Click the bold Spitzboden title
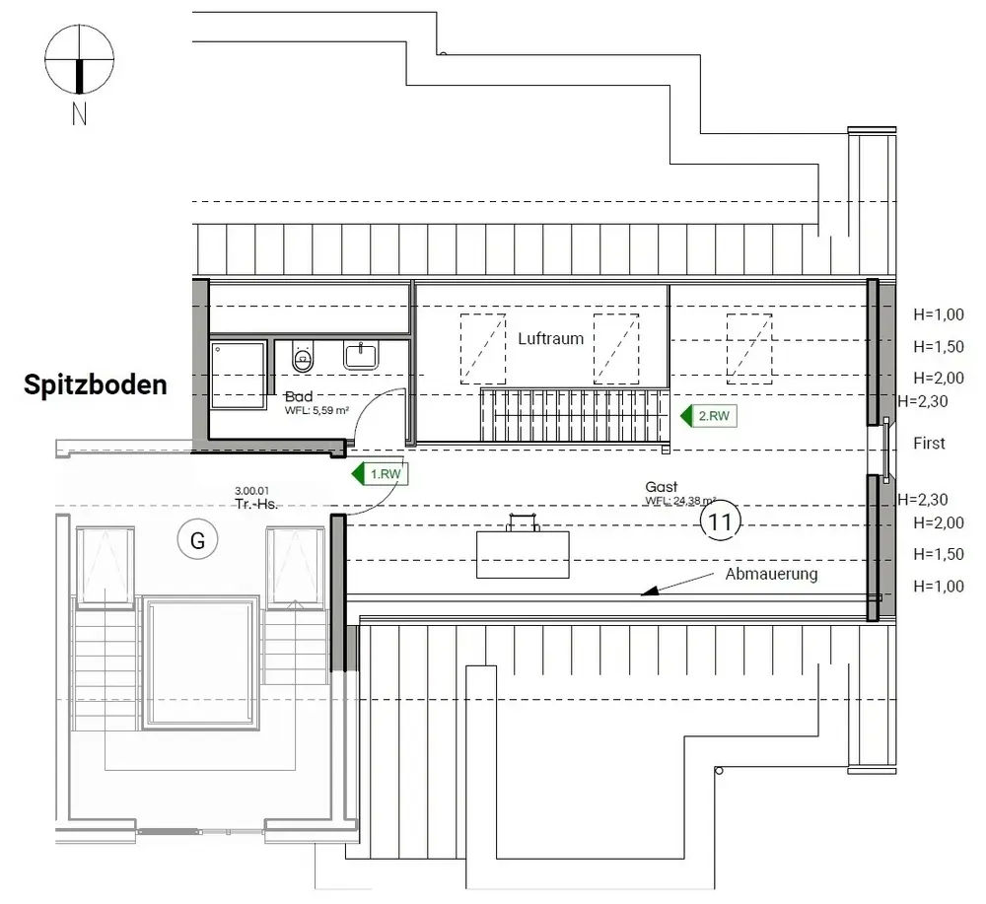[96, 385]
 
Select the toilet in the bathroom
[304, 359]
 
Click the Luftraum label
[550, 338]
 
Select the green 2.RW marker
[709, 416]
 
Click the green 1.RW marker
[380, 474]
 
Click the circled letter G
[197, 539]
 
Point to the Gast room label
[661, 487]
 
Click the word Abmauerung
[771, 574]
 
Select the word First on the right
[929, 444]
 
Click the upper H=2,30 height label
[923, 400]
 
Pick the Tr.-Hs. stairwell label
[255, 503]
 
